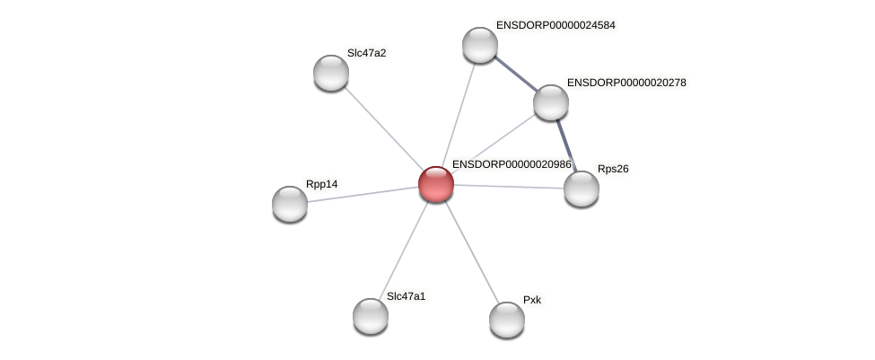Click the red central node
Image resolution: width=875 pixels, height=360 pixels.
pos(436,183)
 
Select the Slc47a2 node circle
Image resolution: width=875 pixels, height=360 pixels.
pos(331,73)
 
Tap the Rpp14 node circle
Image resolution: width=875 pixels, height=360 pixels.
pos(290,204)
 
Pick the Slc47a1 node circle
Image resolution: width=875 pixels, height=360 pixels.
pos(371,315)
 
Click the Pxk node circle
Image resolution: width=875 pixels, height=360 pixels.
pos(507,319)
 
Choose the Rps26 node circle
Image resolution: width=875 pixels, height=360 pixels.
pos(582,188)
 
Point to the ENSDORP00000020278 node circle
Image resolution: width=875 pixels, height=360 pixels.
pos(551,101)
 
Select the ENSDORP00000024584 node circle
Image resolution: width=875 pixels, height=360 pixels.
pos(480,45)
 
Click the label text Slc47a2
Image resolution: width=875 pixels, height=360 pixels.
pos(366,53)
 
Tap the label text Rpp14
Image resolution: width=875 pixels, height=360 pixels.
pos(321,185)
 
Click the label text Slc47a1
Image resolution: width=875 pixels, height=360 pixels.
pos(406,296)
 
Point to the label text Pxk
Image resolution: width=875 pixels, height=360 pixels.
pos(532,300)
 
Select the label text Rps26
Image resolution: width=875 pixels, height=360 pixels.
pos(613,169)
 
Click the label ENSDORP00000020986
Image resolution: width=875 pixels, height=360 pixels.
pos(511,165)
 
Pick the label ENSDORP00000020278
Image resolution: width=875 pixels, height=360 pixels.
pos(626,83)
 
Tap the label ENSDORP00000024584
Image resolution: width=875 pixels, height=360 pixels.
pos(555,25)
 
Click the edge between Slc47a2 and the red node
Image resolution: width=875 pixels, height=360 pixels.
pos(384,128)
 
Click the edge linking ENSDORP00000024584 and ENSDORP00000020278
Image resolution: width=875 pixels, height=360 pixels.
pos(516,74)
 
